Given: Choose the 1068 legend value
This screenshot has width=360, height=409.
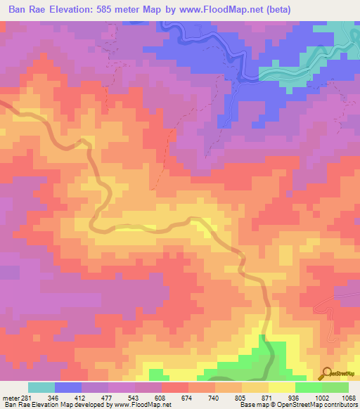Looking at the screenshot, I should point(349,398).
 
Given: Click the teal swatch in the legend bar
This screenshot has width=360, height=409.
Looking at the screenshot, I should point(41,387).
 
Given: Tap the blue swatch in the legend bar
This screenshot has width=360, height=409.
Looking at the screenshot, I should point(68,387).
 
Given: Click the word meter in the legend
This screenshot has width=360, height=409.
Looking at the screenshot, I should point(10,398).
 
